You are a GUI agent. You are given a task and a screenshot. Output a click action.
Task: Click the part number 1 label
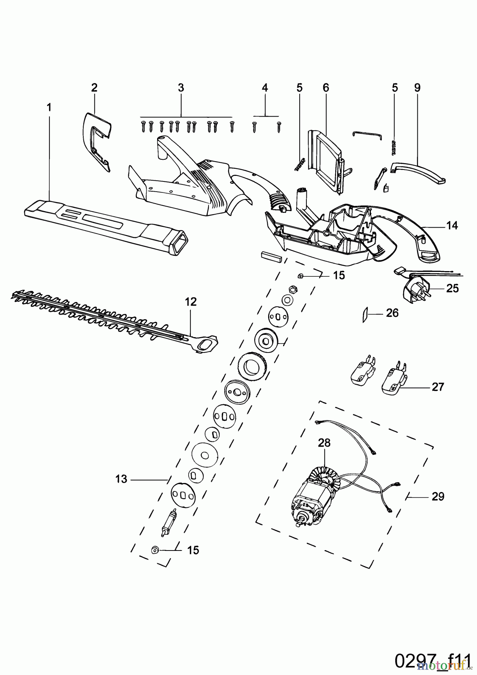click(49, 107)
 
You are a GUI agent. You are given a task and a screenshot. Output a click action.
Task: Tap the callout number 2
click(94, 88)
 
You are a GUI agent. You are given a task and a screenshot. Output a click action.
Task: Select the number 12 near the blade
click(190, 302)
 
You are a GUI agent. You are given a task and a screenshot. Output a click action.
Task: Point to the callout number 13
click(121, 479)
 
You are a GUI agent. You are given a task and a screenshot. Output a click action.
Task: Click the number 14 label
click(452, 225)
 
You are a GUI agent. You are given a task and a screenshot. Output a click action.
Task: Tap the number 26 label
click(392, 313)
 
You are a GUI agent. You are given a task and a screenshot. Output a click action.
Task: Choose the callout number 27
click(438, 387)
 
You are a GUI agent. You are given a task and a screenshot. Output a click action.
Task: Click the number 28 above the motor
click(324, 442)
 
